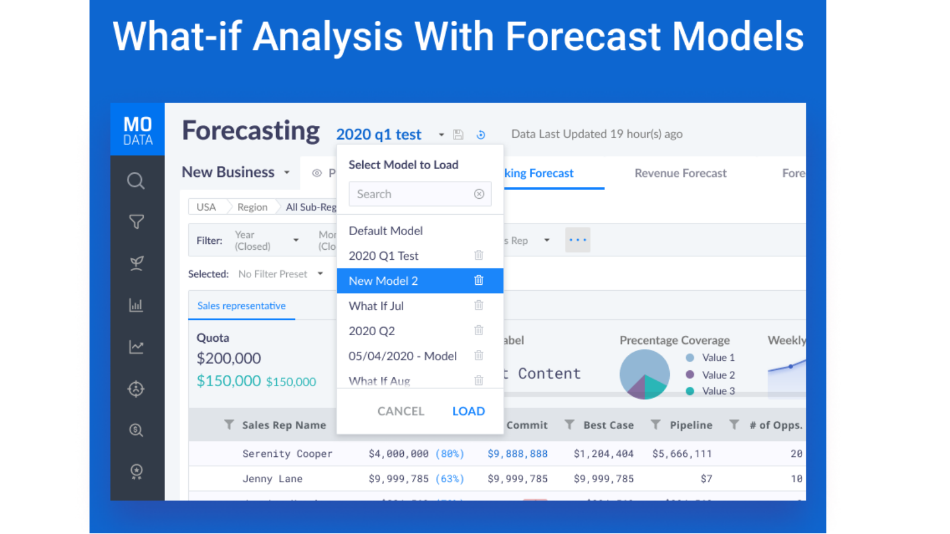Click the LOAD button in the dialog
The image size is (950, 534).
(x=468, y=411)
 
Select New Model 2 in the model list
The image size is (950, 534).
(x=384, y=281)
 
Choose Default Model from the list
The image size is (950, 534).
(x=386, y=231)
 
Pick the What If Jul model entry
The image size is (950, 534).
(x=376, y=306)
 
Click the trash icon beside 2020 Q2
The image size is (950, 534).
(x=479, y=330)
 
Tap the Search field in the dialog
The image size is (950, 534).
(x=410, y=194)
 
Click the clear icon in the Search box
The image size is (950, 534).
(x=479, y=194)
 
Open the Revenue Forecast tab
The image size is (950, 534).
(x=680, y=173)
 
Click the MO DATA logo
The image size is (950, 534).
(x=138, y=130)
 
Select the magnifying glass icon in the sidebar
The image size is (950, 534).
(x=136, y=180)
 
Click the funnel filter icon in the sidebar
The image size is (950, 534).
(x=137, y=222)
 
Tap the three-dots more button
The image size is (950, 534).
(x=578, y=240)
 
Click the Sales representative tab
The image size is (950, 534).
(x=242, y=306)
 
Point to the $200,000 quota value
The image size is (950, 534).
(x=229, y=358)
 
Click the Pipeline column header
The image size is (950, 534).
(x=691, y=425)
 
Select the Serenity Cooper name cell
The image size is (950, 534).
(x=287, y=454)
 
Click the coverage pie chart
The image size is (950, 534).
(x=644, y=374)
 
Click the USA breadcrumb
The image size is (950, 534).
(x=206, y=207)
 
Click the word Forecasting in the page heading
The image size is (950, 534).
(x=251, y=131)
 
